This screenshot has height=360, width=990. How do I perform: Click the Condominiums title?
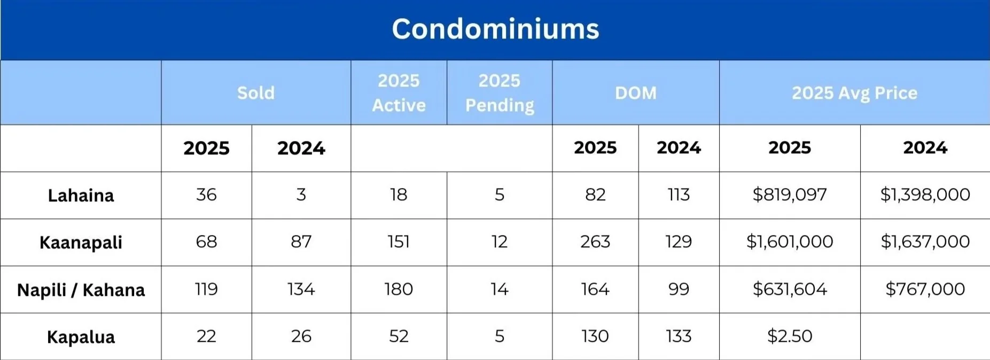[495, 29]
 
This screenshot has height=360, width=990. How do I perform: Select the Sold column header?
[256, 93]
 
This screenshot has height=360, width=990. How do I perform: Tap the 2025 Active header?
[399, 93]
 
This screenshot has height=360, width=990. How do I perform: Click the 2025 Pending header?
[500, 93]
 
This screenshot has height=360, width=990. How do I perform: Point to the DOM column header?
[635, 93]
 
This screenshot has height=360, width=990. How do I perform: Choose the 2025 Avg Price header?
[854, 93]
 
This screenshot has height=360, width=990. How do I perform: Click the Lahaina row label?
[81, 195]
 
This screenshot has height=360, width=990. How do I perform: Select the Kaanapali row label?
[81, 242]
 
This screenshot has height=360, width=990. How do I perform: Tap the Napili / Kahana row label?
[81, 290]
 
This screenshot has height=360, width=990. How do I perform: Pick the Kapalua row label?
[81, 337]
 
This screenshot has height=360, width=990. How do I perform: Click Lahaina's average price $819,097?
[790, 194]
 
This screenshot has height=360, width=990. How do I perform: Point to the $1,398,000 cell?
[925, 194]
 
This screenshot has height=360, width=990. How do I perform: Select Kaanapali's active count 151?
[399, 241]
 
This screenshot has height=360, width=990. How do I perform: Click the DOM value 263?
[595, 241]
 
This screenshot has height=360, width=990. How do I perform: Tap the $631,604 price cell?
[790, 289]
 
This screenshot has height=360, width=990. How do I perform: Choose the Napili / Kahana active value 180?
[399, 289]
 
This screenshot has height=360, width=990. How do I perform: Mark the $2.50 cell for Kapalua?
[790, 336]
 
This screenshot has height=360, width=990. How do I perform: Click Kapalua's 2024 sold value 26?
[301, 336]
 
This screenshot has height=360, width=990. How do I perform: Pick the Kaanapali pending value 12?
[500, 241]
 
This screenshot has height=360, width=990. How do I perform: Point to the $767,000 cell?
[925, 289]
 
